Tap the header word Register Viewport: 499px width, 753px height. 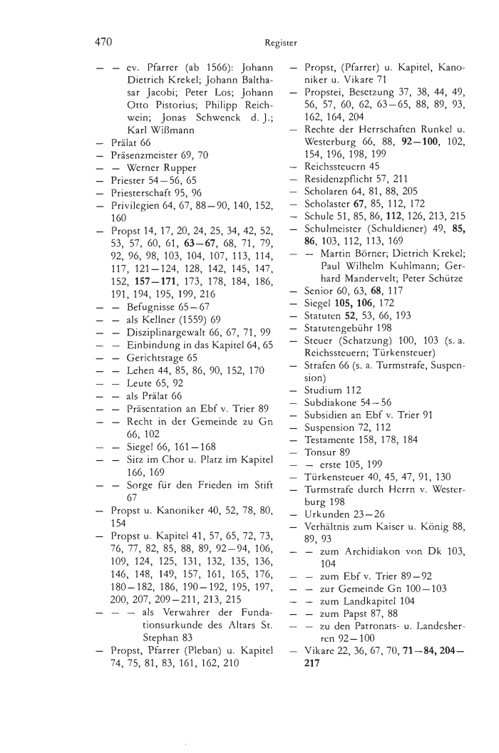[x=280, y=43]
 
